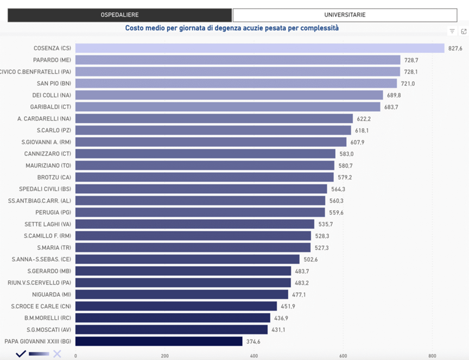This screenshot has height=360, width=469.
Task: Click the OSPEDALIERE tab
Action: (x=119, y=15)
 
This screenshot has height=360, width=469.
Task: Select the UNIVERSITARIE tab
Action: (x=345, y=15)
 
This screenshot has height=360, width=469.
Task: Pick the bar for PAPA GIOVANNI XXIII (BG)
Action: (x=159, y=342)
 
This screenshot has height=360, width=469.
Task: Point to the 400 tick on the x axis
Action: (x=254, y=356)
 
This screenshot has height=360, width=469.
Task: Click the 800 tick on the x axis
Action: (x=432, y=356)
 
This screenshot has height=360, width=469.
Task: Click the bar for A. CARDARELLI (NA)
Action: (x=214, y=118)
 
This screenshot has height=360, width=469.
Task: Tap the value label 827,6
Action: (x=455, y=48)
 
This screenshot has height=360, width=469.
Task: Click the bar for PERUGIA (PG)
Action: (x=200, y=212)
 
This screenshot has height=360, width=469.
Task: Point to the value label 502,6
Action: (x=311, y=260)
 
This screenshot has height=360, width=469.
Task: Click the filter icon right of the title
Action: (x=452, y=31)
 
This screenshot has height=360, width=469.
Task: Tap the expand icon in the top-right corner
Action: (x=464, y=31)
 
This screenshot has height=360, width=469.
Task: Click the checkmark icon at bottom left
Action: (x=21, y=353)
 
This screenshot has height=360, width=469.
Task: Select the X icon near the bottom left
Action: (x=57, y=354)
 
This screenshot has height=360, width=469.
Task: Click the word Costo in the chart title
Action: (x=135, y=28)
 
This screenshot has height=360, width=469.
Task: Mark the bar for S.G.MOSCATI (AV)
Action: (x=171, y=330)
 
